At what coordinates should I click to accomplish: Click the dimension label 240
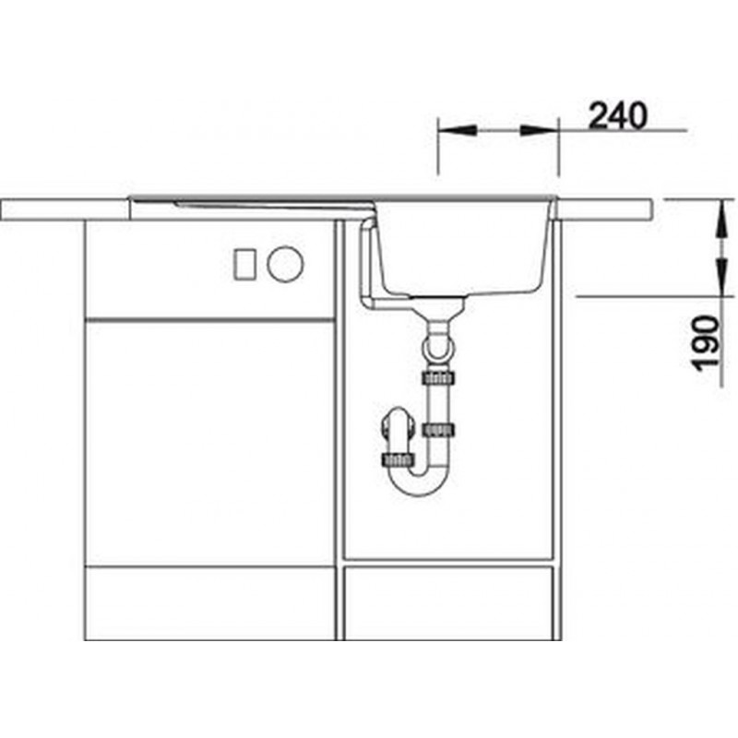618,116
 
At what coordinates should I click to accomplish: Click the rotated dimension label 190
708,343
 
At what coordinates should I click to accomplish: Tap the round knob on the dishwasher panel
286,264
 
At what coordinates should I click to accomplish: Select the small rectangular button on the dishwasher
244,265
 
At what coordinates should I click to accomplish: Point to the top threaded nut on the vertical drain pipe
439,377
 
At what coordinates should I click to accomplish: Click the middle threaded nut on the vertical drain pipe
439,429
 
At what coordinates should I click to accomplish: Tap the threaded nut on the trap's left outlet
399,459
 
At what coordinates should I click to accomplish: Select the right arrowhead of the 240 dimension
540,130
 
